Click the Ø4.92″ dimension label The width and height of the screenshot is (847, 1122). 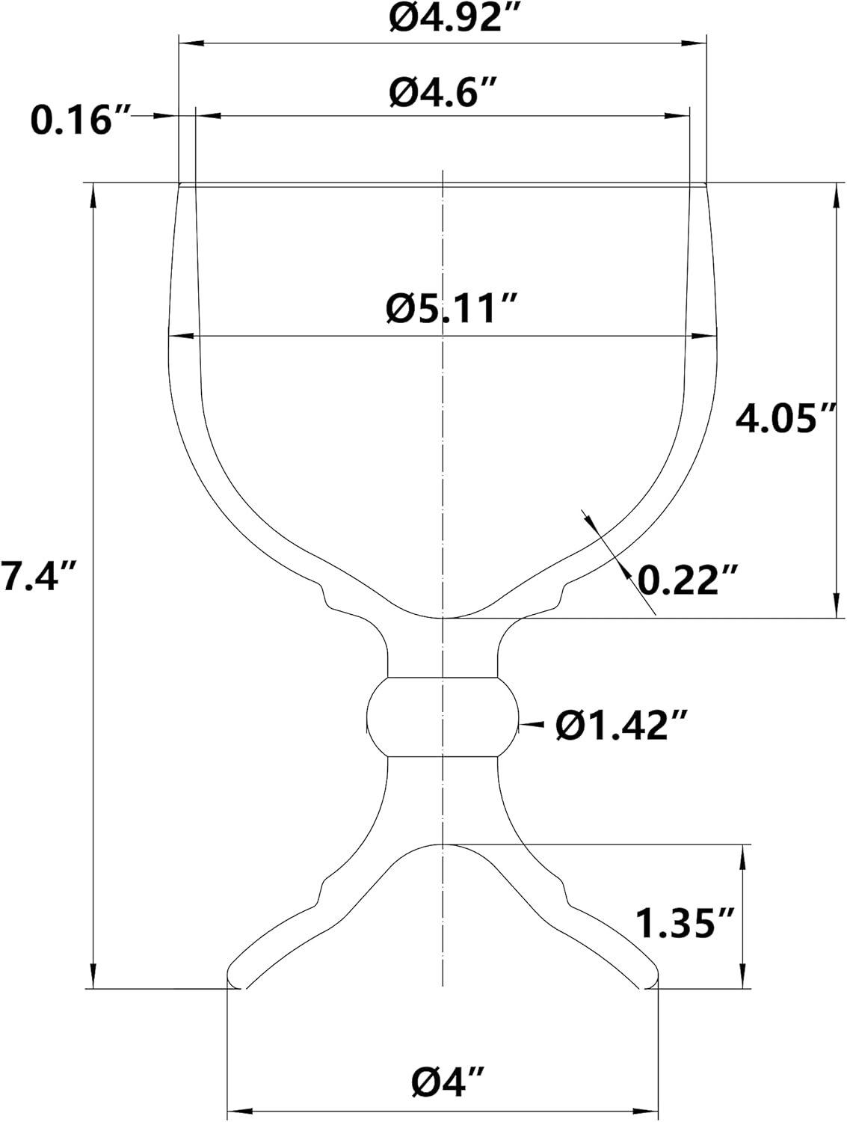click(443, 18)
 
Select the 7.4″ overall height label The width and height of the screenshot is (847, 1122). click(39, 576)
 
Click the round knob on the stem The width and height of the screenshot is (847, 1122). click(443, 717)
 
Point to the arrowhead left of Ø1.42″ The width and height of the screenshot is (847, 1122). click(529, 724)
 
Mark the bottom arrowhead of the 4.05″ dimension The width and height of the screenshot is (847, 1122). click(835, 606)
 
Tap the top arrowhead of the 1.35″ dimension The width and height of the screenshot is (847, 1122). click(743, 857)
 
